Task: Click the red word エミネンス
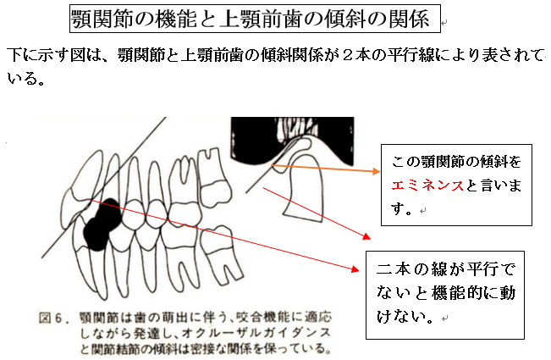tap(427, 185)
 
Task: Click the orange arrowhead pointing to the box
tap(377, 171)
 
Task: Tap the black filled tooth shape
tap(102, 224)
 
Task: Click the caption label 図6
tap(51, 318)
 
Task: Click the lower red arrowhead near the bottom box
tap(355, 269)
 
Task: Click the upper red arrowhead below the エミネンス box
tap(366, 236)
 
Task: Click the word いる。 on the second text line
tap(26, 78)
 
